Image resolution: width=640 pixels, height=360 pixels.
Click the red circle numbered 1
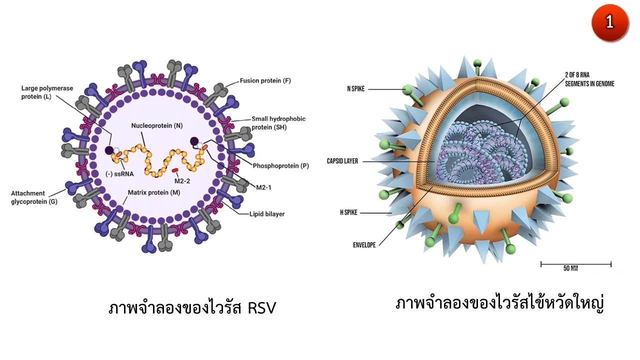[609, 23]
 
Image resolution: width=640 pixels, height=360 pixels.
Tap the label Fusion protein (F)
[265, 81]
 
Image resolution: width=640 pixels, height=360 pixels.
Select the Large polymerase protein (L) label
[47, 92]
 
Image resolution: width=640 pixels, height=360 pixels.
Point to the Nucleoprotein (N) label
[157, 125]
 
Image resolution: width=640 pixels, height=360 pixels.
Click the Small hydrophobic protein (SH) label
[278, 123]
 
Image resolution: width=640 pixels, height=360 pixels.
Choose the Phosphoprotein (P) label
[280, 165]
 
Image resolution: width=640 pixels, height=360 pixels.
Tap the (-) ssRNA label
[119, 173]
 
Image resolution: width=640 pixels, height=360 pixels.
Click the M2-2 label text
[182, 181]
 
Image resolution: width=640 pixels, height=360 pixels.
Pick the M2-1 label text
[263, 187]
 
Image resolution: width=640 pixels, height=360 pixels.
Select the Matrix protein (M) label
[153, 192]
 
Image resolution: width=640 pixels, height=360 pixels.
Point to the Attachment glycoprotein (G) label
[34, 197]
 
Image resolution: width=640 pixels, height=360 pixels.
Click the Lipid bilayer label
[267, 214]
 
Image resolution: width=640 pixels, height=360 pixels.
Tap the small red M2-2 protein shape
[175, 170]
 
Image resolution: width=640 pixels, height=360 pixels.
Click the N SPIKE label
[355, 89]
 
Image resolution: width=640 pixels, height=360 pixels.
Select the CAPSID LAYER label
[342, 161]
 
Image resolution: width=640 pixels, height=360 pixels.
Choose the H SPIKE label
[348, 212]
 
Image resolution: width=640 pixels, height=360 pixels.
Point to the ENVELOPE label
[364, 245]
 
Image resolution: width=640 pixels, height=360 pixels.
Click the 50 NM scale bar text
[570, 268]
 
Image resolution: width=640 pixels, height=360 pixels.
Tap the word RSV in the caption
[261, 308]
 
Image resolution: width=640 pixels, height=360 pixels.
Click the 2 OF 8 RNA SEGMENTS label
[589, 79]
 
